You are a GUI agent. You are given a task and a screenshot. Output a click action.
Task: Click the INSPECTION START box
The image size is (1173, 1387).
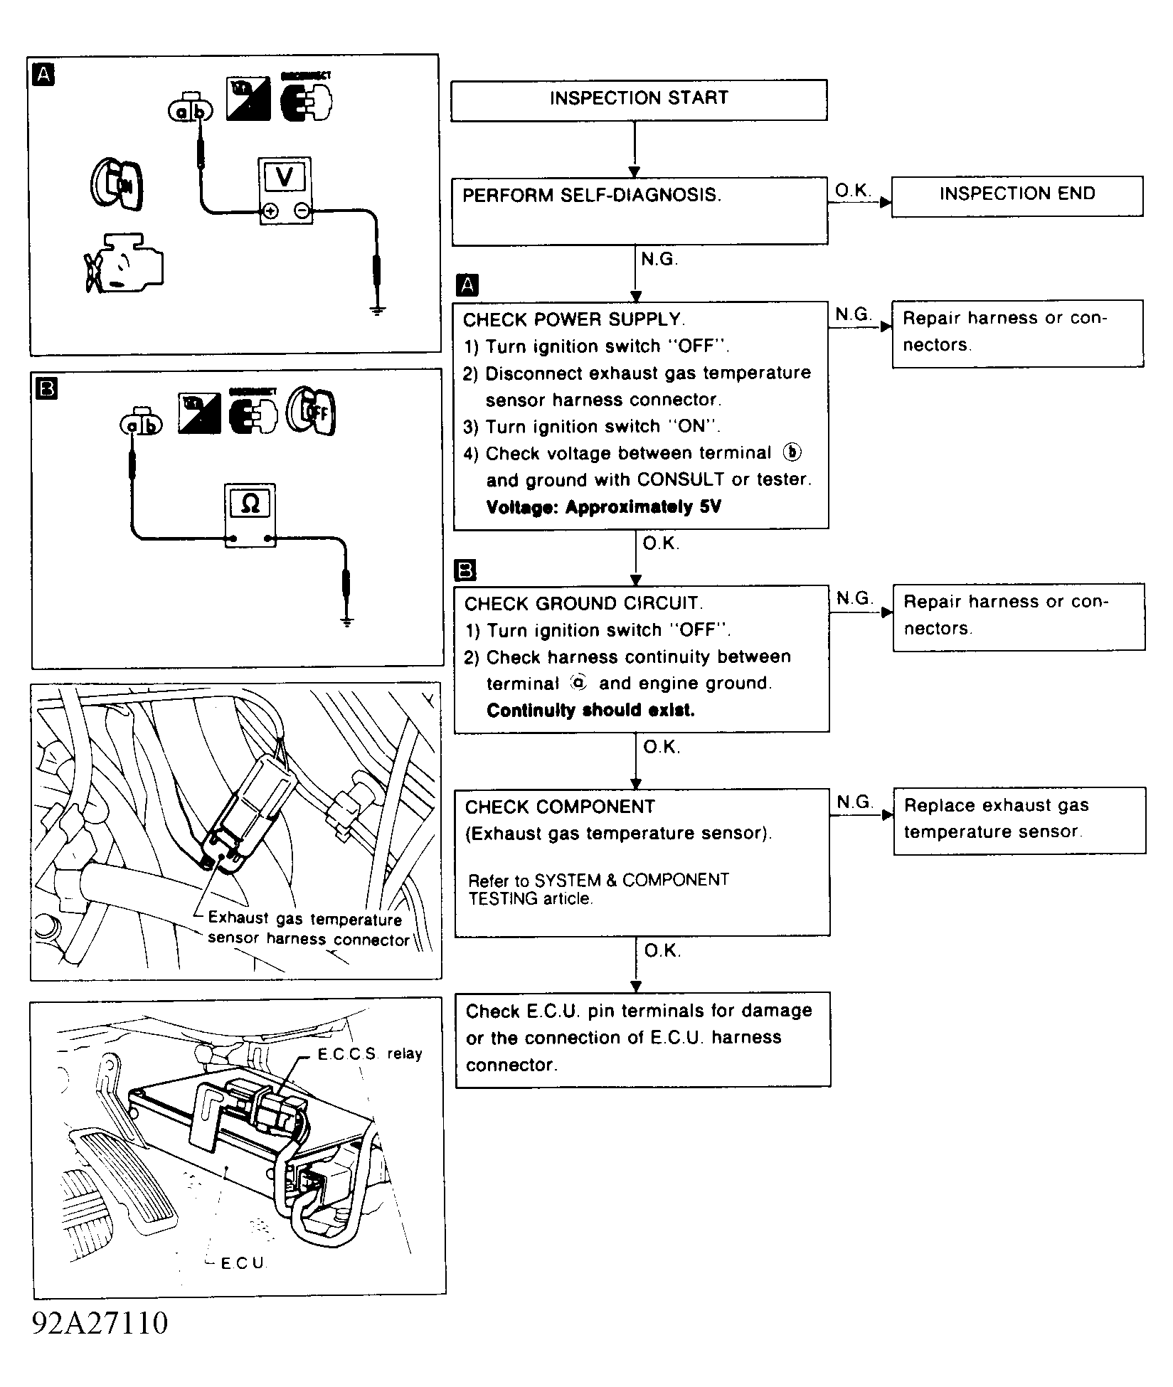point(638,100)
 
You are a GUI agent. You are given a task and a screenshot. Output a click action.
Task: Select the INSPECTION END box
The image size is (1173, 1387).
point(1017,195)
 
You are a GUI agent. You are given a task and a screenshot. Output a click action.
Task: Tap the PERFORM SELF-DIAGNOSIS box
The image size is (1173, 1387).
point(639,210)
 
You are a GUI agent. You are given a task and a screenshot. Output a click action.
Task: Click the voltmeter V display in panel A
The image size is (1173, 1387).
point(285,176)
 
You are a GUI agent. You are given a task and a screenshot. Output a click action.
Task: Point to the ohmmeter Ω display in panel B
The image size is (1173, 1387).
point(250,504)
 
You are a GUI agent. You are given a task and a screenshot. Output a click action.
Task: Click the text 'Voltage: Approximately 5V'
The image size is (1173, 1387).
point(603,507)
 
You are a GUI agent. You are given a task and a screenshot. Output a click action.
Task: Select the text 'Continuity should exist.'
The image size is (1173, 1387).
point(590,711)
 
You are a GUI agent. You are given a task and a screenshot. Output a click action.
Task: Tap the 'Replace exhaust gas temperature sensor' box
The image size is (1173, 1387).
point(1019,819)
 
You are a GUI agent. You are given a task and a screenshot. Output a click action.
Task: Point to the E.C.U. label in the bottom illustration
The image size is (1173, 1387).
point(243,1263)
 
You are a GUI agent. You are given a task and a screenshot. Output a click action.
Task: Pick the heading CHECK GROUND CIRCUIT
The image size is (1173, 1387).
point(583,604)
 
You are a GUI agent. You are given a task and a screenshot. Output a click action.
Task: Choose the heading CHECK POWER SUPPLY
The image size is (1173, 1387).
point(573,320)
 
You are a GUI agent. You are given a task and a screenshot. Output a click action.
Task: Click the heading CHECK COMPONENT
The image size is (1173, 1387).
point(560,807)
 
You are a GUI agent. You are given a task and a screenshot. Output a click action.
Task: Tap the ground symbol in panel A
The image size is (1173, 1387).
point(378,309)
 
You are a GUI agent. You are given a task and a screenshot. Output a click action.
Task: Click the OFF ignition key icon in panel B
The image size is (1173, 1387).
point(311,412)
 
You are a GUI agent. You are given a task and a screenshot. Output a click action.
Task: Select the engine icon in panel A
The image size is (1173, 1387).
point(122,263)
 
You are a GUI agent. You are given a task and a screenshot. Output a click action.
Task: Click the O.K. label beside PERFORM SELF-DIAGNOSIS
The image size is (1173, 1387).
point(852,191)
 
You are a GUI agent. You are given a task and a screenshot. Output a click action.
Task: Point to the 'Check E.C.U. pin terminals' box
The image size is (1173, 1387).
point(642,1038)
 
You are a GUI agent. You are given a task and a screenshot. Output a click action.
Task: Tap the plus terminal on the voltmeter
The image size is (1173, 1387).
point(270,211)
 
